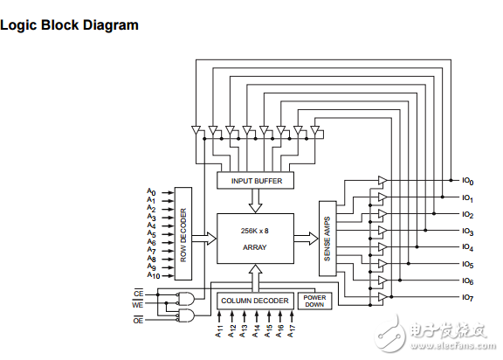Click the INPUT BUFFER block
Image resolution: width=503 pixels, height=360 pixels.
pyautogui.click(x=255, y=181)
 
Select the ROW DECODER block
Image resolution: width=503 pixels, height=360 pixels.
pyautogui.click(x=183, y=234)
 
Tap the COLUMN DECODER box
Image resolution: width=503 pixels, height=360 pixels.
pyautogui.click(x=255, y=301)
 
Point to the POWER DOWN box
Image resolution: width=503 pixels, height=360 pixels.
pyautogui.click(x=314, y=301)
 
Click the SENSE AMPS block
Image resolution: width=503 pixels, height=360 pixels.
pyautogui.click(x=327, y=239)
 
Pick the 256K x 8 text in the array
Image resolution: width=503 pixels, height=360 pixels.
pyautogui.click(x=255, y=231)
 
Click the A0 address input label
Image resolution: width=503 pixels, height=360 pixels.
pyautogui.click(x=151, y=192)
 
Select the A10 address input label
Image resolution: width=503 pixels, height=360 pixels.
pyautogui.click(x=154, y=275)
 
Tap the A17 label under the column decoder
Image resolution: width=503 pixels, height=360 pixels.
pyautogui.click(x=291, y=331)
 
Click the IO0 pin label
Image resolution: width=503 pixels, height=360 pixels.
pyautogui.click(x=468, y=181)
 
